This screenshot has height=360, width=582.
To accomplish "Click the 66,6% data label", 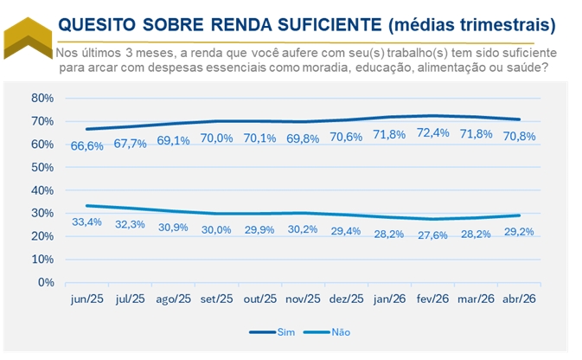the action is coord(86,146).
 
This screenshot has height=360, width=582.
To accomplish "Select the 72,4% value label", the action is coord(432,132).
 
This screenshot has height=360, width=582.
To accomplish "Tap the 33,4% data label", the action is coord(86,222).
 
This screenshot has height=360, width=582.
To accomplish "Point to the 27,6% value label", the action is coord(432,235).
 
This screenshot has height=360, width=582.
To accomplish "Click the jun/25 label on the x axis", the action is coord(86,299).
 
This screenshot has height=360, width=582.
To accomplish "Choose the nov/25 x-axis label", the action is coord(303,299).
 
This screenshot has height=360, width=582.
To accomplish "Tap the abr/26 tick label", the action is coord(519,299).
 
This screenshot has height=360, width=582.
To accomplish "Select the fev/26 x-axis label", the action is coord(432,299).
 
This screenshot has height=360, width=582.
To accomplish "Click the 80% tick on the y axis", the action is coord(42,98).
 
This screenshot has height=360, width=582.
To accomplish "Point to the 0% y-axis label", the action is coord(46,282).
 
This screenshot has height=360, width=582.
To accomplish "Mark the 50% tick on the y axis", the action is coord(42,167).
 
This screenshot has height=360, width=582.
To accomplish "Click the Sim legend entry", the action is coord(272,332).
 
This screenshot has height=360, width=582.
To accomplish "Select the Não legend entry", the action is coord(327,332).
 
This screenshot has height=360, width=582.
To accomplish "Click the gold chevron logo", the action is coord(28,38).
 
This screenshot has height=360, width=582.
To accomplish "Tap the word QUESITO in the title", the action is coord(97,25).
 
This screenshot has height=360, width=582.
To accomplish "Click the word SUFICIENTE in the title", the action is coord(329,25).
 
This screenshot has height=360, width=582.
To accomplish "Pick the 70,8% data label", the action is coord(519,137).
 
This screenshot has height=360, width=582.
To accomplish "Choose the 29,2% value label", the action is coord(519,231).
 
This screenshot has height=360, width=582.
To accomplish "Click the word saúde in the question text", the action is coord(530,67).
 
